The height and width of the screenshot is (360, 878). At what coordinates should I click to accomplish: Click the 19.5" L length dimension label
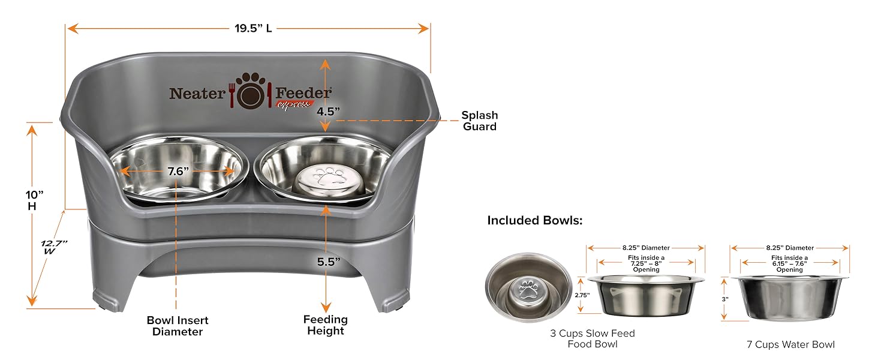pos(253,28)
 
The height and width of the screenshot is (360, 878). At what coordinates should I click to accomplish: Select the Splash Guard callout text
pos(479,121)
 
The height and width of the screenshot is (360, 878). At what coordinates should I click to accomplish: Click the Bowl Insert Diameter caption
pos(178,326)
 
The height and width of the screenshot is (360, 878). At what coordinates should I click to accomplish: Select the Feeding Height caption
pos(326,325)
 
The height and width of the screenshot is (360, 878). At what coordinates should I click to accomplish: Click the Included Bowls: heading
pos(534,220)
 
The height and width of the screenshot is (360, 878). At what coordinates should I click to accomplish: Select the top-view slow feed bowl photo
pos(528,287)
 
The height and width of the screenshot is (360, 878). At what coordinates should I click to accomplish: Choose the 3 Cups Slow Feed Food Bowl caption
pos(592,338)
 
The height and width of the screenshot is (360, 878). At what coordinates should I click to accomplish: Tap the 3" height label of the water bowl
pos(724,299)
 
